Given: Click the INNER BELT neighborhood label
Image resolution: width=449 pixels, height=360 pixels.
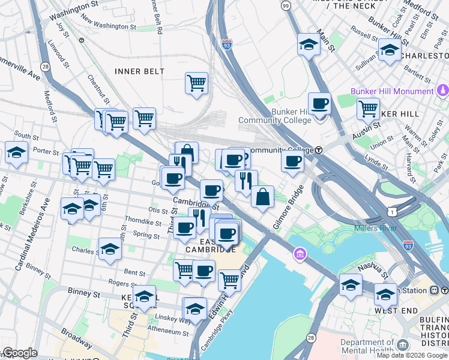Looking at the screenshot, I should [x=139, y=71].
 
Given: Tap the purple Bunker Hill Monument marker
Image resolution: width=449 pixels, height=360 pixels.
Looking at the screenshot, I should [x=442, y=91].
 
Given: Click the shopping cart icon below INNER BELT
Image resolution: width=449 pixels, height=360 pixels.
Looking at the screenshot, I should [x=196, y=83].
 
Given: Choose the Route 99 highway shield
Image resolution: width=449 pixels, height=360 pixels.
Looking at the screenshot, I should [x=285, y=5].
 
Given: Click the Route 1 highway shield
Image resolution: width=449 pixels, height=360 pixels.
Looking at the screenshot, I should [x=391, y=212].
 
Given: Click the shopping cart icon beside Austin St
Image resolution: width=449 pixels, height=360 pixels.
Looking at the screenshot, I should [x=368, y=109].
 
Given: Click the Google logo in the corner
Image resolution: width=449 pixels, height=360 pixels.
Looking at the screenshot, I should [x=19, y=353].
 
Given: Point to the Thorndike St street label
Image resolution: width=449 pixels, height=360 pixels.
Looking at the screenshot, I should [x=142, y=221].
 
